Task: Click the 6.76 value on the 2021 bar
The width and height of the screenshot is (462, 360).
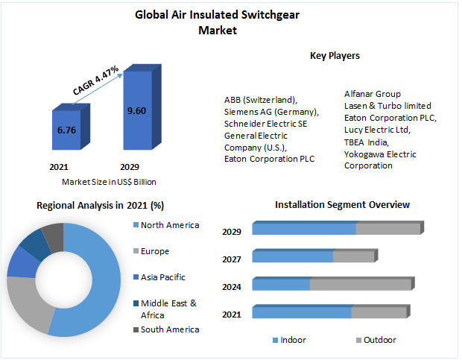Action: [x=66, y=130]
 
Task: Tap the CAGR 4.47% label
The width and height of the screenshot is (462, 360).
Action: [x=96, y=80]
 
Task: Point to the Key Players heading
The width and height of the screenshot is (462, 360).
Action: [x=335, y=55]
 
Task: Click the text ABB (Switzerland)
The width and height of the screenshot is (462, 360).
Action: [x=261, y=100]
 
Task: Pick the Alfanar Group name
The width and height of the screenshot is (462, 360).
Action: [x=373, y=94]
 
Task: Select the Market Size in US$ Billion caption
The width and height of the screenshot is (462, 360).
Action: [x=109, y=181]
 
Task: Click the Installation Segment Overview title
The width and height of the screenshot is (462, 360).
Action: [x=342, y=204]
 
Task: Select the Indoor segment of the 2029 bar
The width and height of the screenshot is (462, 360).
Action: [x=304, y=229]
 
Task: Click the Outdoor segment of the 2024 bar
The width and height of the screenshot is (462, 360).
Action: [x=360, y=285]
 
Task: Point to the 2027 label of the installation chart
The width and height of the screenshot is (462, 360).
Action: [x=232, y=259]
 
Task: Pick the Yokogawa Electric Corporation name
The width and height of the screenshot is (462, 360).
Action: [x=380, y=160]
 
